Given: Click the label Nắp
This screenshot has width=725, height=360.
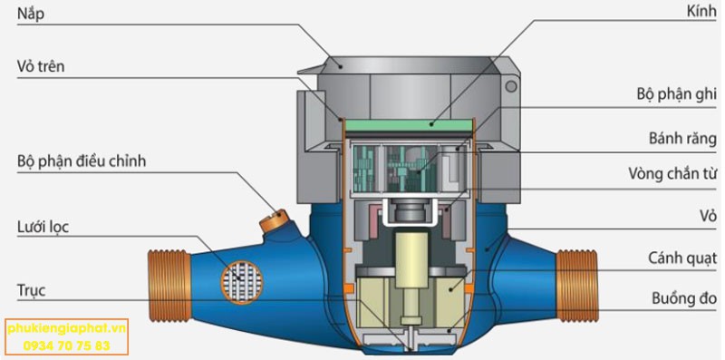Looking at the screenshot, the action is click(x=31, y=14).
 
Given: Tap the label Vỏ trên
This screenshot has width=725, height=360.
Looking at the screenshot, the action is click(x=41, y=66).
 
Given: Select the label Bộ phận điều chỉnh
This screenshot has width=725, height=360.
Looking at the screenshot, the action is click(x=82, y=161).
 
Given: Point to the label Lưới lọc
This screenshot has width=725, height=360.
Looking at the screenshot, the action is click(x=43, y=228).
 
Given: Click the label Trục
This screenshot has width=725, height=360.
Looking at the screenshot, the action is click(x=31, y=291).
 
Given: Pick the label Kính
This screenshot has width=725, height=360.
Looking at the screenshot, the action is click(x=701, y=12).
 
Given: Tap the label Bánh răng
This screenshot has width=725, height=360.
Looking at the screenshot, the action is click(x=682, y=138).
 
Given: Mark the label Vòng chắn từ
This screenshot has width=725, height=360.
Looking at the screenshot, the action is click(x=672, y=173).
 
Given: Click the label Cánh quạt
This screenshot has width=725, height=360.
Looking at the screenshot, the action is click(x=682, y=258).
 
